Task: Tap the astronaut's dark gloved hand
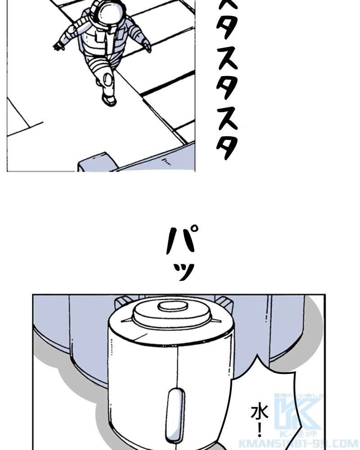click(x=58, y=45)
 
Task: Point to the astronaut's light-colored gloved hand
click(x=147, y=45)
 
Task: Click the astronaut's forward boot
click(x=108, y=99)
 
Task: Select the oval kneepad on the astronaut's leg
click(x=108, y=80)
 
